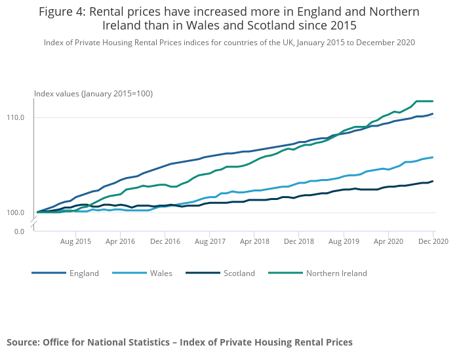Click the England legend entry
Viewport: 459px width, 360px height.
[84, 273]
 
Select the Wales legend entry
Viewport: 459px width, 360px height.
[161, 273]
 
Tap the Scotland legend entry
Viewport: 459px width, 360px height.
[239, 273]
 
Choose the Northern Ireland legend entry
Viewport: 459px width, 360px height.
[336, 273]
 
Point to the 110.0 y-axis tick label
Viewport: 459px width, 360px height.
[16, 118]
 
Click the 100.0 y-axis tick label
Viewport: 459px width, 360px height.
[16, 213]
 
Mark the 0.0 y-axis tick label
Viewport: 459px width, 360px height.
[20, 231]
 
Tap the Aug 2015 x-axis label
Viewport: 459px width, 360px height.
[76, 241]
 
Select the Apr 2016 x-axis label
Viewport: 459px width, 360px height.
[121, 241]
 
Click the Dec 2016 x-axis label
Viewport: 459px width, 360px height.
[165, 241]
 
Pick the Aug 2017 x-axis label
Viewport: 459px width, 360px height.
[209, 241]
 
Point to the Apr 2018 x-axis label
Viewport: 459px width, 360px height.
[254, 241]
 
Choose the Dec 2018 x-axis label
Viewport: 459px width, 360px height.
[298, 241]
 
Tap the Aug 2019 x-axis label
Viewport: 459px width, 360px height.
[343, 241]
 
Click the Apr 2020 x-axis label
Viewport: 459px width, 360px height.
[388, 241]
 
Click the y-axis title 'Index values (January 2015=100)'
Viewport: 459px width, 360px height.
[93, 94]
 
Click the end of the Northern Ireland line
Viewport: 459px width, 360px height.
[433, 101]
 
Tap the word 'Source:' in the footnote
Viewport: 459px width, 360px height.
[24, 342]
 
